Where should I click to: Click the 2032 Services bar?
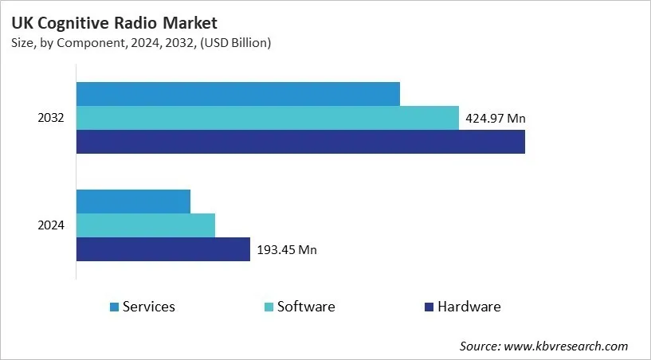pyautogui.click(x=237, y=94)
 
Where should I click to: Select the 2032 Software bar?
pyautogui.click(x=268, y=118)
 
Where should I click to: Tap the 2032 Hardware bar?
pyautogui.click(x=300, y=142)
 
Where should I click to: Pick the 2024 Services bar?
pyautogui.click(x=133, y=202)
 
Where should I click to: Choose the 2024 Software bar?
pyautogui.click(x=146, y=225)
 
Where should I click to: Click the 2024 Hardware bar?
pyautogui.click(x=163, y=249)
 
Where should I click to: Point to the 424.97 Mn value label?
pyautogui.click(x=495, y=119)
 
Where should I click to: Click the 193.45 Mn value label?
pyautogui.click(x=287, y=250)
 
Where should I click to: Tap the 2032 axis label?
pyautogui.click(x=51, y=118)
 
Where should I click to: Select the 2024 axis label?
pyautogui.click(x=51, y=225)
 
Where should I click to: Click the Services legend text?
pyautogui.click(x=148, y=307)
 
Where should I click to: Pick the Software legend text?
pyautogui.click(x=305, y=307)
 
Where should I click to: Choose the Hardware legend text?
pyautogui.click(x=469, y=307)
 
